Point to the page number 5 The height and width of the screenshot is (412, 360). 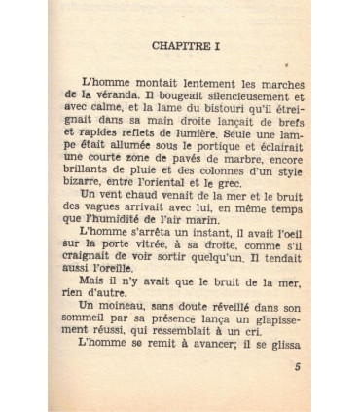coord(297,367)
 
